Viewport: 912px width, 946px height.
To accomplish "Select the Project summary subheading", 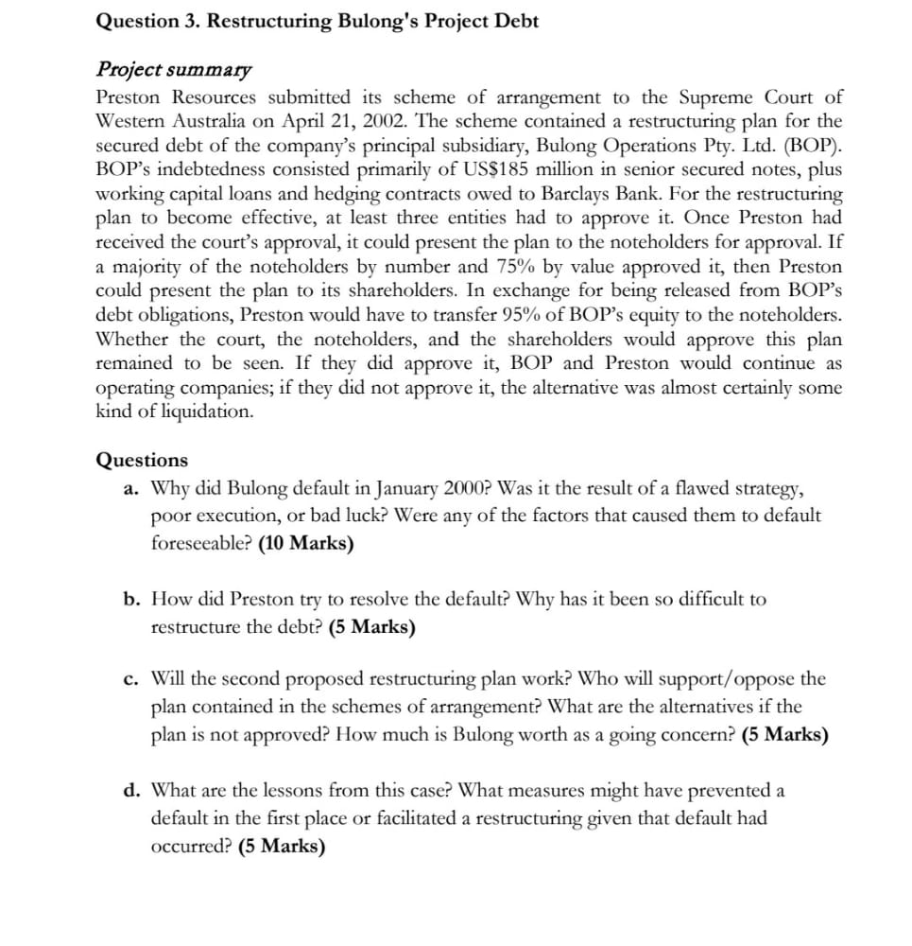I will [x=174, y=70].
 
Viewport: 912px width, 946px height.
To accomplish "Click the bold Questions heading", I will [x=142, y=461].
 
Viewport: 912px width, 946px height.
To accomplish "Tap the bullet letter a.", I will [x=132, y=490].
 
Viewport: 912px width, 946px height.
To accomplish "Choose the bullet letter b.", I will [x=132, y=600].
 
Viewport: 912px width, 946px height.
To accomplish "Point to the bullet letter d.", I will [x=132, y=790].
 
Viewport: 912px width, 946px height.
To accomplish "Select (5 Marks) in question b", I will [x=372, y=627].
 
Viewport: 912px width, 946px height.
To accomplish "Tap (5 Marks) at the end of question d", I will [x=282, y=847].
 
